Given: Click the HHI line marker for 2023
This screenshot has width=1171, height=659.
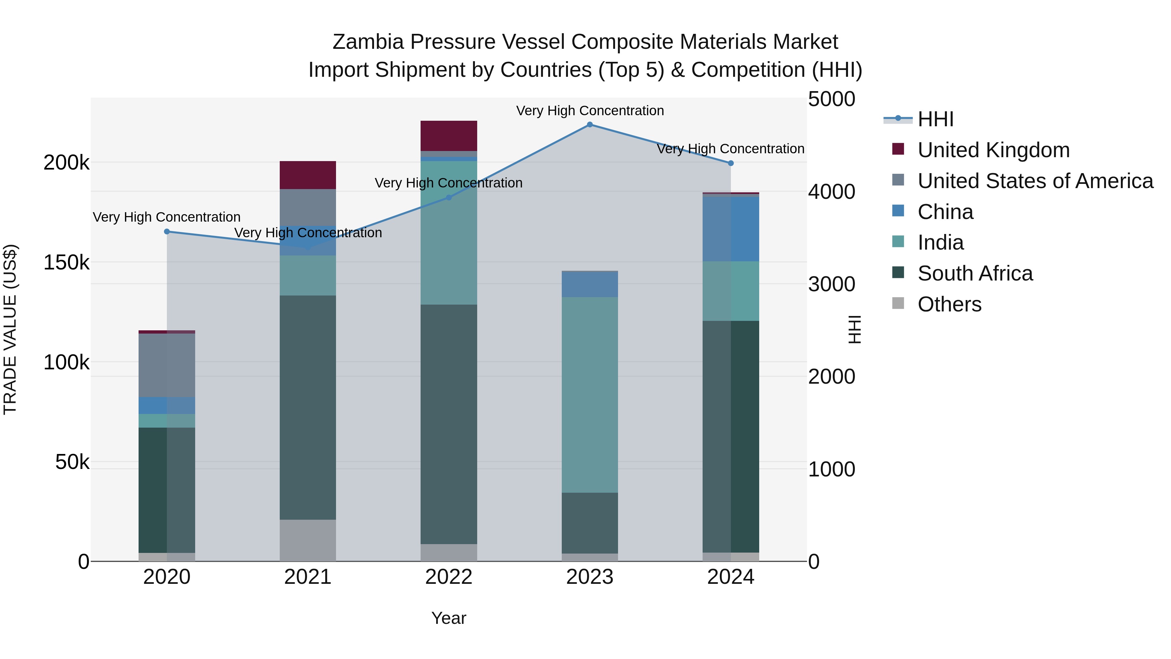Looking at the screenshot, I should [x=590, y=125].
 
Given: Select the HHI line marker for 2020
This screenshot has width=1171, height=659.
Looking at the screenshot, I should [x=167, y=231].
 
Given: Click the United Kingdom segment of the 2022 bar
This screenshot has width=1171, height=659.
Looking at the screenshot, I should [x=449, y=135].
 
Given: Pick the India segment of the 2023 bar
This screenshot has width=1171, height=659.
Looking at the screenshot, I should [x=590, y=395].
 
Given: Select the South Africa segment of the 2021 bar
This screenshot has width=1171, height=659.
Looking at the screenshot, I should [x=308, y=407].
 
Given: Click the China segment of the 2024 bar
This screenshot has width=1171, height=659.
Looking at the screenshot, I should [x=731, y=229].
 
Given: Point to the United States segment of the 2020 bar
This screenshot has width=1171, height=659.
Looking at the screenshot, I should [x=167, y=365].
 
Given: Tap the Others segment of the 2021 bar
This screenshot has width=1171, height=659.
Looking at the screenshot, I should [x=308, y=540].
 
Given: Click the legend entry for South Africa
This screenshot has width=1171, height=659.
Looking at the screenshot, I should [x=975, y=273].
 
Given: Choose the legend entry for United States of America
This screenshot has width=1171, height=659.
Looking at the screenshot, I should [x=1035, y=181].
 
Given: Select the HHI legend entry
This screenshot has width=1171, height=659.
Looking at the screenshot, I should [x=935, y=119].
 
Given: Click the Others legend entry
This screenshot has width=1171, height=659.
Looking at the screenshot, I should [x=949, y=304].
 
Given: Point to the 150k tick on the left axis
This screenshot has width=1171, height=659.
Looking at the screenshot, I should [x=66, y=262].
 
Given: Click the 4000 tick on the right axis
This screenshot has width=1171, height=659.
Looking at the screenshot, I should [x=831, y=192].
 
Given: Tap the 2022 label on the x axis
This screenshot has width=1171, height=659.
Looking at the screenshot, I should [x=449, y=577].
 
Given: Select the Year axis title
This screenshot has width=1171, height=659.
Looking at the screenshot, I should [x=449, y=618].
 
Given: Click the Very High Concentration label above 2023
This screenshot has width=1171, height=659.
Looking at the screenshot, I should [x=590, y=111].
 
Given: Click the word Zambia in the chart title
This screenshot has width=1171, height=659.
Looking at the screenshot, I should [x=368, y=42].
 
